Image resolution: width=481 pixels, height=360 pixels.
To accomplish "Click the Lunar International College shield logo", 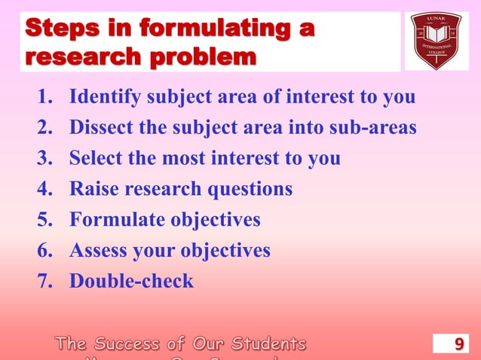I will (436, 41).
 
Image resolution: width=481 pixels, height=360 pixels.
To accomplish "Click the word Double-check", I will (131, 282).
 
